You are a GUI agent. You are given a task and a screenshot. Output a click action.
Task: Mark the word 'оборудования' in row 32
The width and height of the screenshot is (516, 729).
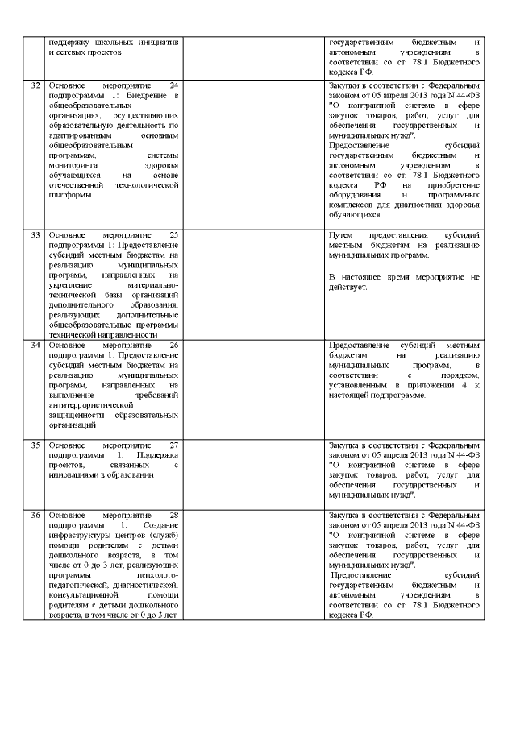point(355,195)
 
